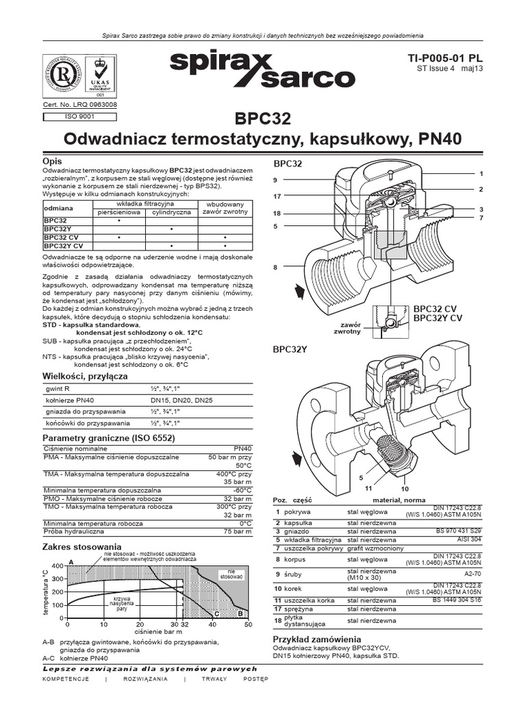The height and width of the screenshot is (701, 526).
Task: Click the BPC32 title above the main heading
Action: [262, 118]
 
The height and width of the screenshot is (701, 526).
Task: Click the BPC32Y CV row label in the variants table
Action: [64, 244]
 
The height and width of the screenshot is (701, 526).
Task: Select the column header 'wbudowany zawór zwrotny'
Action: [225, 208]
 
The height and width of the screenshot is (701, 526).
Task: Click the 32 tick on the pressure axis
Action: [184, 624]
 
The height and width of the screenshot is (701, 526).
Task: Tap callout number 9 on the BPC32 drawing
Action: [275, 180]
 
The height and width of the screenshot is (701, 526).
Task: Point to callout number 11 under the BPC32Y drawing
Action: [368, 489]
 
